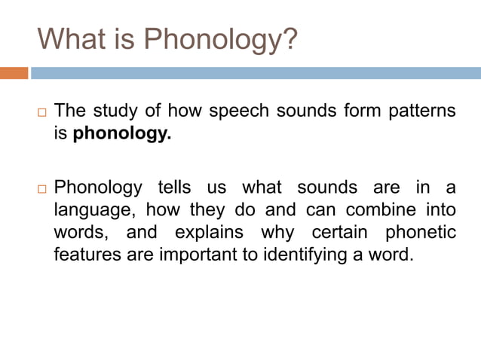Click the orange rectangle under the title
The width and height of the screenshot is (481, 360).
click(x=14, y=73)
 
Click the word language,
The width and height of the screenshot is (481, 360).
click(x=94, y=209)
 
